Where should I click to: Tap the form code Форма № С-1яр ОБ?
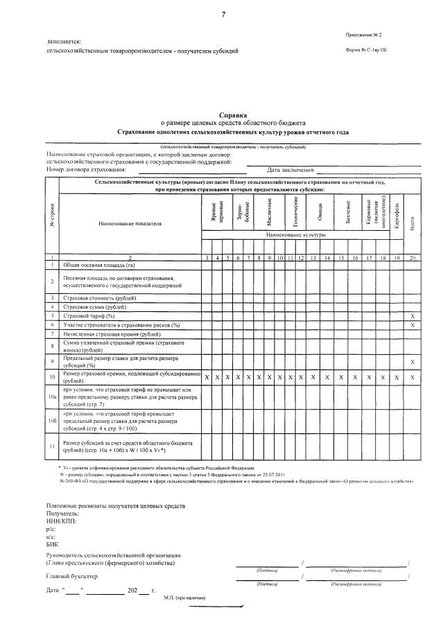(x=365, y=51)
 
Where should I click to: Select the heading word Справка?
(x=232, y=116)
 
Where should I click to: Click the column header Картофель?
(x=397, y=215)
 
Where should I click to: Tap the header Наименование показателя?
(x=130, y=224)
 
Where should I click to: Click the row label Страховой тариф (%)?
(x=89, y=315)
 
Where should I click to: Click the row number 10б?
(x=52, y=420)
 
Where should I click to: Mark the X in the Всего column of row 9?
(x=412, y=362)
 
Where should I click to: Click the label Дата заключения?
(x=290, y=169)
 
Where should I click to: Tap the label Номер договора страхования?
(x=86, y=169)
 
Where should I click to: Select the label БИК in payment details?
(x=53, y=546)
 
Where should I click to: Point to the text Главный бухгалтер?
(x=72, y=576)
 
